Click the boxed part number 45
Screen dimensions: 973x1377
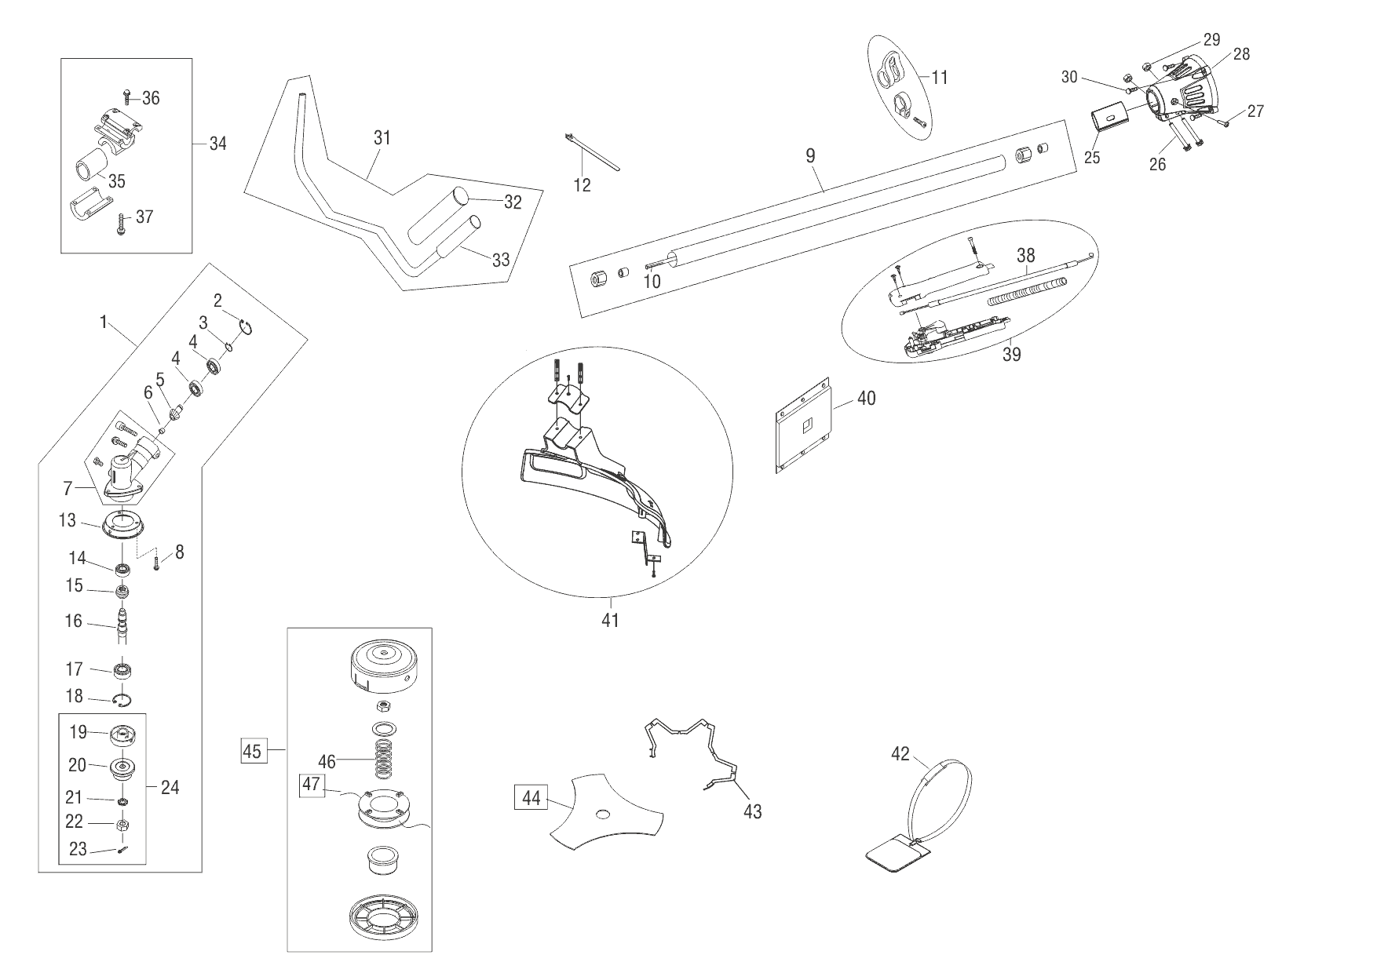point(251,751)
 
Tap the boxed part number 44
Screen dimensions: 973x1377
point(531,798)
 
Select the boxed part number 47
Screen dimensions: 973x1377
point(311,785)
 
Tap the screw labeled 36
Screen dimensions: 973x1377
point(128,98)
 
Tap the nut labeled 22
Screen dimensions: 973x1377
point(122,825)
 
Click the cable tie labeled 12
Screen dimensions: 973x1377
point(593,151)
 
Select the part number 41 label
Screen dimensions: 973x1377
point(610,620)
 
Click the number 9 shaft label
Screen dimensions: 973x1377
point(810,155)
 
